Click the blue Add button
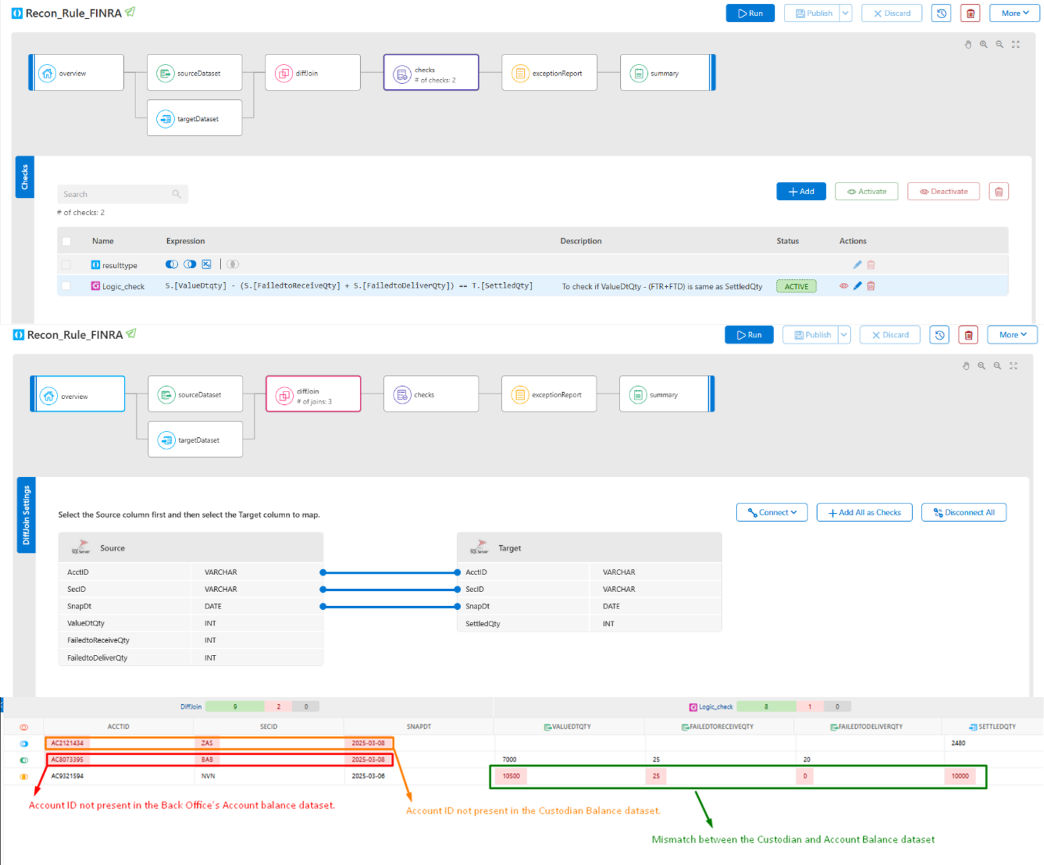[800, 191]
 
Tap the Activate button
[866, 191]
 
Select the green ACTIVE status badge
[796, 286]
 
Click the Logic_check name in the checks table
[123, 286]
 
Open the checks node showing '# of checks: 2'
[431, 73]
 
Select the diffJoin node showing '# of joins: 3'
[313, 395]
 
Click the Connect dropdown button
[772, 512]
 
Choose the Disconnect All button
[964, 512]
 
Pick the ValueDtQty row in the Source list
[86, 623]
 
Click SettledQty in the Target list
[483, 624]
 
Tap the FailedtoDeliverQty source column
[97, 658]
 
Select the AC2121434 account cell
[67, 743]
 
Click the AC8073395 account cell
[67, 759]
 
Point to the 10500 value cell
[511, 776]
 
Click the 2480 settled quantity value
[958, 743]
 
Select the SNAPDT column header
[419, 727]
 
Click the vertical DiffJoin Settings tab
[26, 515]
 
